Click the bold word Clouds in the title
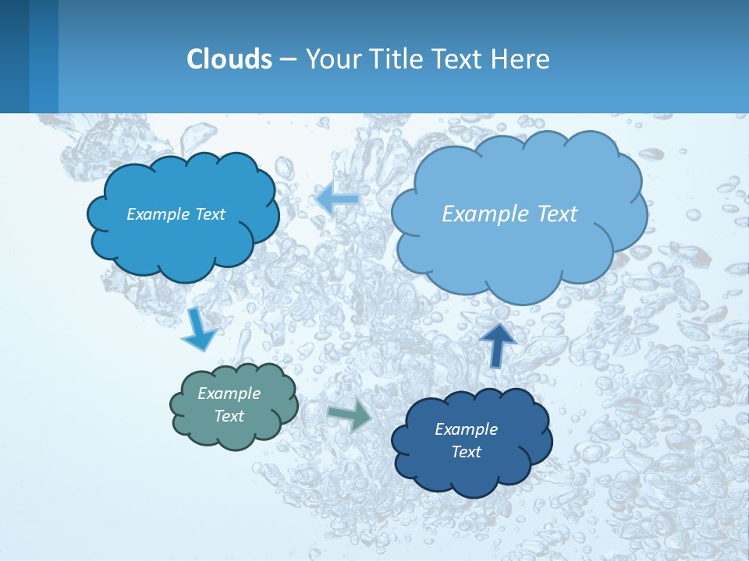pos(229,59)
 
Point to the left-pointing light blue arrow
pos(338,199)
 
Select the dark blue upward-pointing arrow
pos(498,344)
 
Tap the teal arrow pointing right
pos(350,415)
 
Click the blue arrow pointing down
pos(198,330)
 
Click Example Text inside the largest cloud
pos(509,214)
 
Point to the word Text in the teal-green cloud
pos(229,416)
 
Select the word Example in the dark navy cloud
pos(466,429)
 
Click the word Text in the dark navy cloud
pos(466,452)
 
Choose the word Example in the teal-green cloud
pos(229,393)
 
